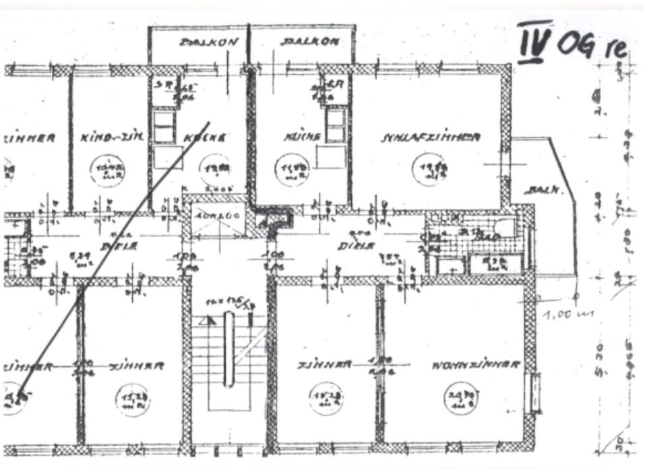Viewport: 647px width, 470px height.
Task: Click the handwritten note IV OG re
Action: (x=572, y=43)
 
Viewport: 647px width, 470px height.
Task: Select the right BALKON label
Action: (x=311, y=42)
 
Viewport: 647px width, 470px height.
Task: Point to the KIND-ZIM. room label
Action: (x=112, y=138)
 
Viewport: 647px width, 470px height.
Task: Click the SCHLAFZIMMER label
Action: (x=431, y=137)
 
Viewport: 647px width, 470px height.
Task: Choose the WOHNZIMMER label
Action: (x=476, y=365)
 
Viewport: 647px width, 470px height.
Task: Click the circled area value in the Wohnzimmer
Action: (x=461, y=399)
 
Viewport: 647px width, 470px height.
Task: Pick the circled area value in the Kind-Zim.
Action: (x=109, y=170)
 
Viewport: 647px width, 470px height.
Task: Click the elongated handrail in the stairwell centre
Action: (x=228, y=350)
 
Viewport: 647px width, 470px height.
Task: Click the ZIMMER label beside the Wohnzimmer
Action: (x=325, y=365)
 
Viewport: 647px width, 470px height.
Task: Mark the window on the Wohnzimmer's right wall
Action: (x=535, y=392)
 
